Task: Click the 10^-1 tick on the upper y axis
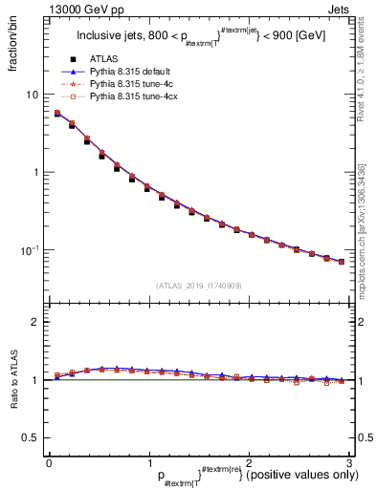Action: (29, 250)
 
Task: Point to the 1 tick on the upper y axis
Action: (34, 173)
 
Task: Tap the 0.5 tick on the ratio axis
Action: (30, 438)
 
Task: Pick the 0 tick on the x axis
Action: (49, 463)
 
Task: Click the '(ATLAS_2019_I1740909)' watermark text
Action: (197, 286)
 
